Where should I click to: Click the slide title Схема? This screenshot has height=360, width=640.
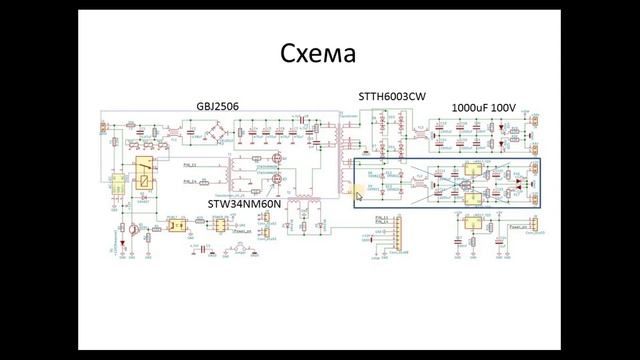point(319,52)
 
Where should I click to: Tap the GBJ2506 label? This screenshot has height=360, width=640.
point(217,106)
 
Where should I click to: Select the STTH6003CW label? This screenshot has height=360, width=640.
point(392,96)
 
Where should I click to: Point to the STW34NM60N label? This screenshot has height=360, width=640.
point(245,203)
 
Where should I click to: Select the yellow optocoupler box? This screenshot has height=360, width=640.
point(175,226)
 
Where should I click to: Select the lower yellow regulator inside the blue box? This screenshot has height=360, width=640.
point(470,196)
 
